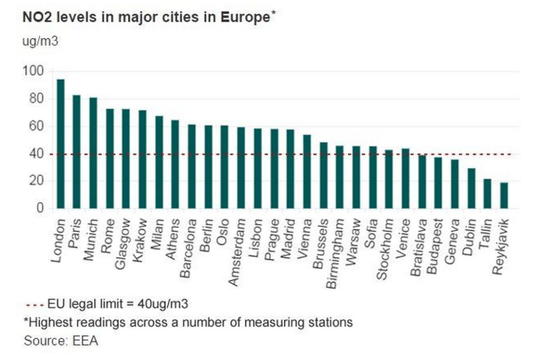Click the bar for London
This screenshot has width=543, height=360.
point(60,143)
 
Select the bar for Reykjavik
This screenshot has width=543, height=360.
point(504,195)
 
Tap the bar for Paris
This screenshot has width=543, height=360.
point(76,151)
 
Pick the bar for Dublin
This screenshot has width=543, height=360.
point(471,188)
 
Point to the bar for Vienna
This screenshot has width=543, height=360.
point(306,171)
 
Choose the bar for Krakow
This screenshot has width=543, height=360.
point(143,159)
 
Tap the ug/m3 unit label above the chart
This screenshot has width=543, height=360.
point(27,39)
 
